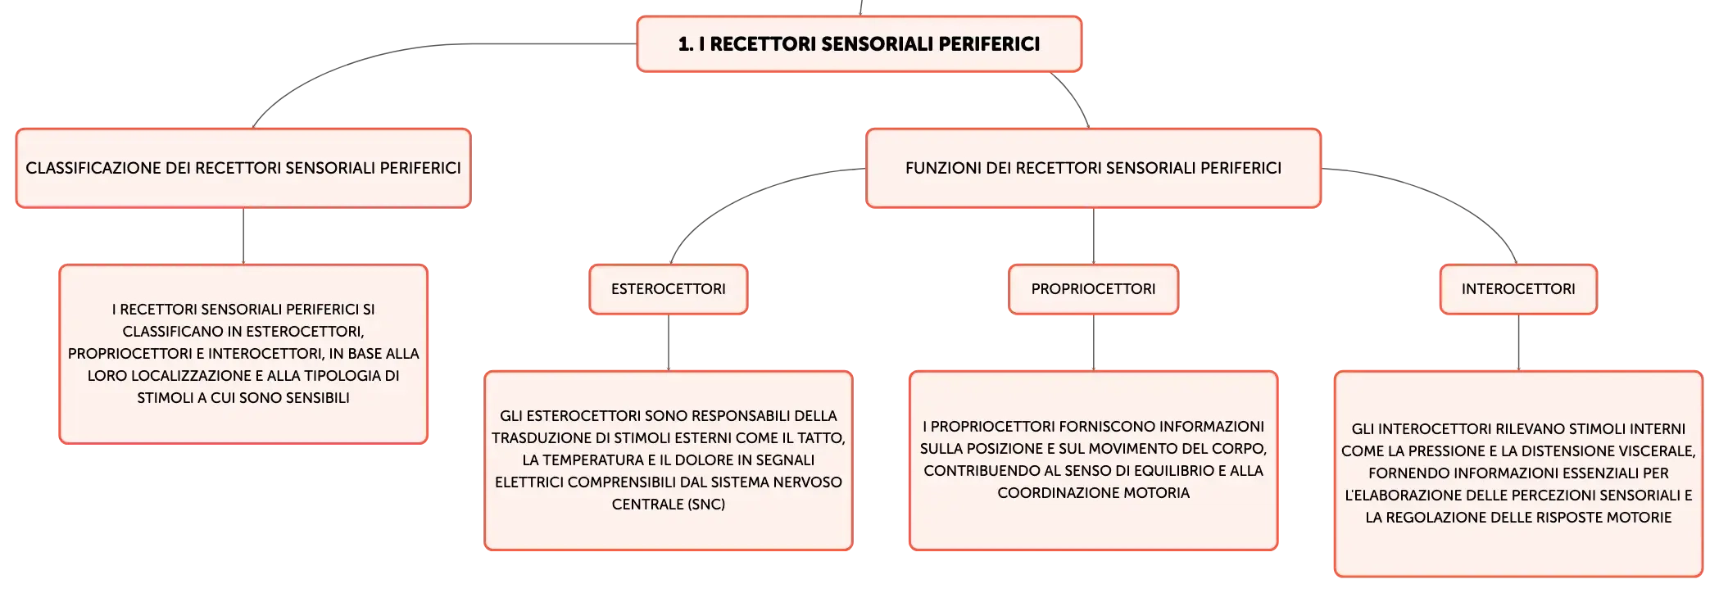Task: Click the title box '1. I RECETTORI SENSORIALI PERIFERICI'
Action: [x=859, y=44]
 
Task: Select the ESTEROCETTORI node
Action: [x=669, y=289]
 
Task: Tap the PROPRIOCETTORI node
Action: [x=1093, y=289]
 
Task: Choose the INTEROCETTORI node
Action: [x=1518, y=289]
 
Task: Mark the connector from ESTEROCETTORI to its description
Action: [x=669, y=342]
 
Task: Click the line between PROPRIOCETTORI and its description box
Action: [x=1094, y=342]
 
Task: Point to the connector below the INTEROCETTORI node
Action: [x=1518, y=342]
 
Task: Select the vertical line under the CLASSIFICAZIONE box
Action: [x=243, y=236]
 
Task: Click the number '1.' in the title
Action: [x=686, y=44]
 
